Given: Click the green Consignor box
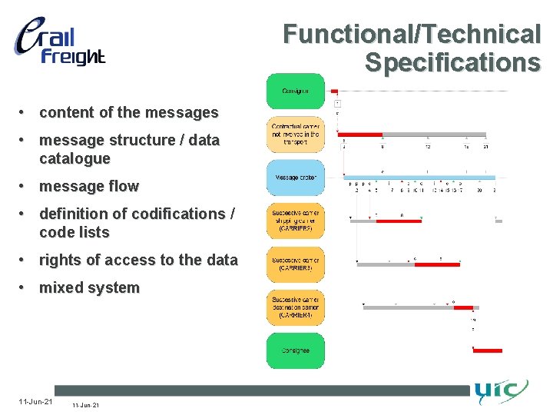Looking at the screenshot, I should click(x=295, y=91).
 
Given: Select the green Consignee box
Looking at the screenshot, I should click(x=295, y=350).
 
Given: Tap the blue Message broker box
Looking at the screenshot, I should click(x=295, y=178).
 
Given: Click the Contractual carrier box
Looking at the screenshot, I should click(x=295, y=134).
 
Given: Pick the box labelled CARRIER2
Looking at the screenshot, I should click(x=295, y=221).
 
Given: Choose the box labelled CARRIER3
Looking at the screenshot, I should click(x=295, y=264).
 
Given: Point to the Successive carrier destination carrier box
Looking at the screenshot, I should click(x=295, y=307).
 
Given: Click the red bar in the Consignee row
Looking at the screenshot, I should click(x=487, y=350).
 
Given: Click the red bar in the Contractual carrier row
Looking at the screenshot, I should click(x=361, y=134).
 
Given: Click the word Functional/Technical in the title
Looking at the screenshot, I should click(x=412, y=35).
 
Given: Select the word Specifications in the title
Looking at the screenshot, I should click(x=452, y=62).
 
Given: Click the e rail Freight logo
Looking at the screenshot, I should click(x=59, y=42).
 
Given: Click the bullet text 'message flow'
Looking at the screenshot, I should click(x=89, y=186).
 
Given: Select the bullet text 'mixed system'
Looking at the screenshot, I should click(x=89, y=288).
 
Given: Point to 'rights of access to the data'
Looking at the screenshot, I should click(x=138, y=260).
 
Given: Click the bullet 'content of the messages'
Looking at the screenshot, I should click(x=128, y=112).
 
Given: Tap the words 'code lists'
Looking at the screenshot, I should click(x=75, y=232).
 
